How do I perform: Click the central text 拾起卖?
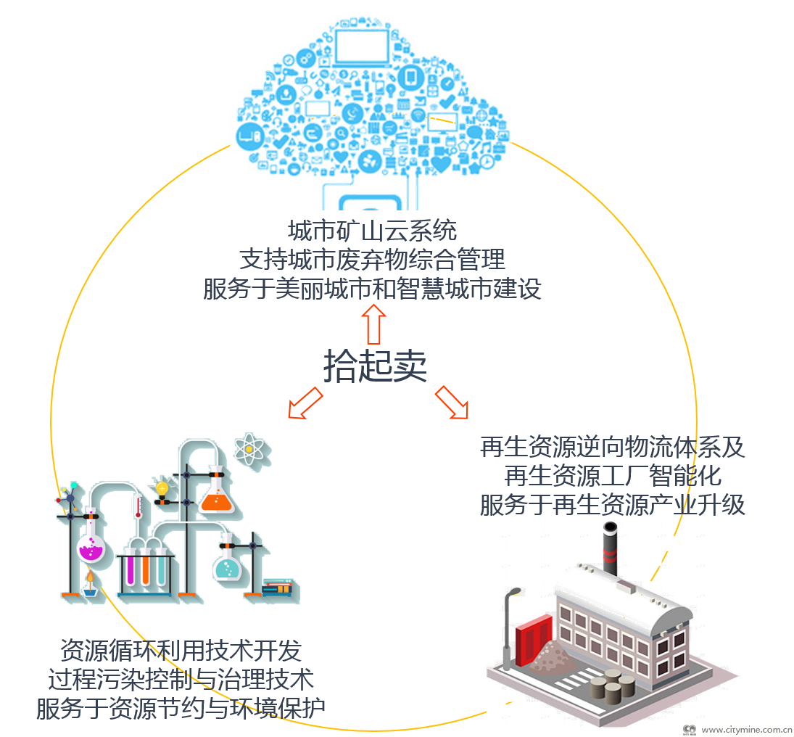(374, 366)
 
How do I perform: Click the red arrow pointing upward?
(374, 324)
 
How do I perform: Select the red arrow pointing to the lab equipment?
(305, 403)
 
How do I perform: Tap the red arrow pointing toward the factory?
(451, 403)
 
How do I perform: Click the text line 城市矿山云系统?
(372, 231)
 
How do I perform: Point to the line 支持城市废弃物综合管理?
(372, 259)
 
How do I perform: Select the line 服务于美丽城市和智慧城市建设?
(372, 289)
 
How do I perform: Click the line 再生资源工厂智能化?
(613, 476)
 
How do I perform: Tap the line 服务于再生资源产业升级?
(613, 505)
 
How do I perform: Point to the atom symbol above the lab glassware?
(249, 449)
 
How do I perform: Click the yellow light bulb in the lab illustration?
(162, 488)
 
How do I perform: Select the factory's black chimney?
(611, 548)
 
